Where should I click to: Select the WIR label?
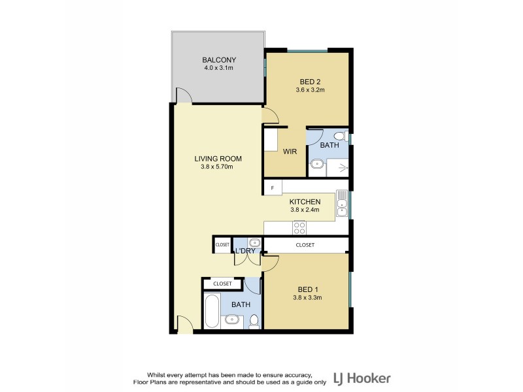(290, 151)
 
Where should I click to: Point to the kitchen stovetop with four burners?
(299, 227)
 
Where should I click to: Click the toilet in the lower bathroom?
(254, 321)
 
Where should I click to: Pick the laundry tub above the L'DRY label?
(254, 244)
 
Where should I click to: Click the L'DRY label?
(245, 252)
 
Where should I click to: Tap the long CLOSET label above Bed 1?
(305, 245)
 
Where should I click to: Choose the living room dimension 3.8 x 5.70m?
(218, 167)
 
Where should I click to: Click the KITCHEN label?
(305, 202)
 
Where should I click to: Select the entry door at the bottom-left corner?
(184, 325)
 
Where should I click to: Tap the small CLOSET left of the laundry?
(222, 245)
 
